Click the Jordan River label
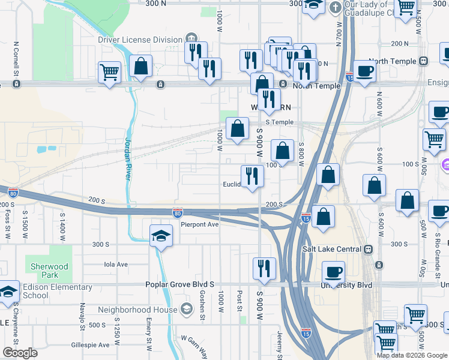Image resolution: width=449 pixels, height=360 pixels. tap(128, 165)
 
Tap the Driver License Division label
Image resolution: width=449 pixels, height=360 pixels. tap(140, 40)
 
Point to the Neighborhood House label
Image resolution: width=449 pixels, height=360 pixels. tap(138, 310)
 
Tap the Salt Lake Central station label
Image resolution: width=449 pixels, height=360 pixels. tap(331, 249)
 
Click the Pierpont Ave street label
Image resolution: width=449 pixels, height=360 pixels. tap(200, 224)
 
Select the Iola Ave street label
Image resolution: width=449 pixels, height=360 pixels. tap(116, 264)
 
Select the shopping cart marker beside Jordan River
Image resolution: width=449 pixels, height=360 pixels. tap(109, 73)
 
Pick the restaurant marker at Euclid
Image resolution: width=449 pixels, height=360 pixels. tap(252, 176)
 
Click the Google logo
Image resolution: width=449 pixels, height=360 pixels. tap(20, 352)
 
